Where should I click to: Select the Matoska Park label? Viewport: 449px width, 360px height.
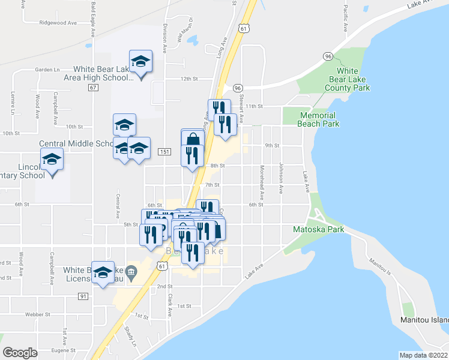point(318,229)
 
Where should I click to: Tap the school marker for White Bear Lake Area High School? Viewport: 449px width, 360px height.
point(141,62)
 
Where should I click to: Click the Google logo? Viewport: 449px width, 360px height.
point(20,352)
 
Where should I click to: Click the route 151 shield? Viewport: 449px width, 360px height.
point(164,152)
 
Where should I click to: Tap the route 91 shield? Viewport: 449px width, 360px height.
point(83,296)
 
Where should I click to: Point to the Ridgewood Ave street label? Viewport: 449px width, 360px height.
point(58,23)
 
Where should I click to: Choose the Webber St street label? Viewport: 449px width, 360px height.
point(36,314)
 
